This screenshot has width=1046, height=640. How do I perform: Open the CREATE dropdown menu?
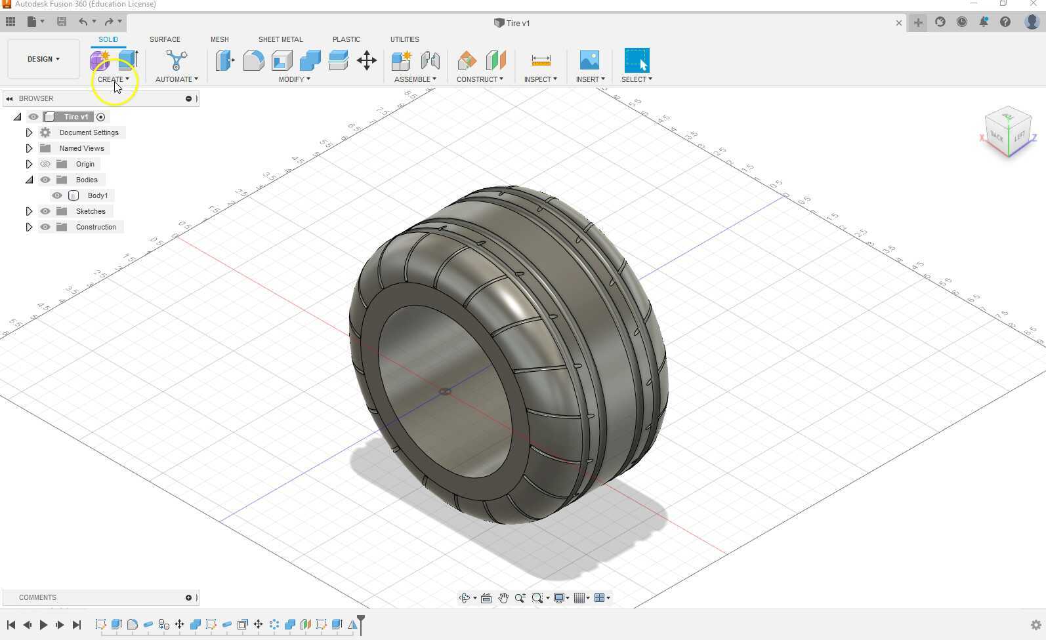113,79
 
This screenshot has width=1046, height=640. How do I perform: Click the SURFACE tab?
165,39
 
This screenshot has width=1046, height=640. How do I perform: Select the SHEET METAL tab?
280,39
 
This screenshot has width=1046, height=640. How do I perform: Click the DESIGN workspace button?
43,59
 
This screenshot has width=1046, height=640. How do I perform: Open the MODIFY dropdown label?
294,79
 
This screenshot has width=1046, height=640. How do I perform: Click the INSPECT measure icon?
541,60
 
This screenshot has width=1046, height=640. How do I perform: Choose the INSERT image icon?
589,60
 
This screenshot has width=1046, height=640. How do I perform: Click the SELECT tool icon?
637,60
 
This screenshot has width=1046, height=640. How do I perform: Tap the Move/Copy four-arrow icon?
367,61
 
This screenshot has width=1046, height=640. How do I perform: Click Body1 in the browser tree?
98,195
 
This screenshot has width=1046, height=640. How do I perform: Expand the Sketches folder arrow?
29,211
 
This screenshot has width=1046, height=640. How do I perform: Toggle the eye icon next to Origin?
45,164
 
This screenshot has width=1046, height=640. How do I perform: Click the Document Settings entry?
89,132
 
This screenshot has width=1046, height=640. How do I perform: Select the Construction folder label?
96,227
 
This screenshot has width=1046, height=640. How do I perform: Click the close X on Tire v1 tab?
898,23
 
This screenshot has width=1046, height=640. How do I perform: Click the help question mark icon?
1005,22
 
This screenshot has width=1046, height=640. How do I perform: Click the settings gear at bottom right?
1036,625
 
